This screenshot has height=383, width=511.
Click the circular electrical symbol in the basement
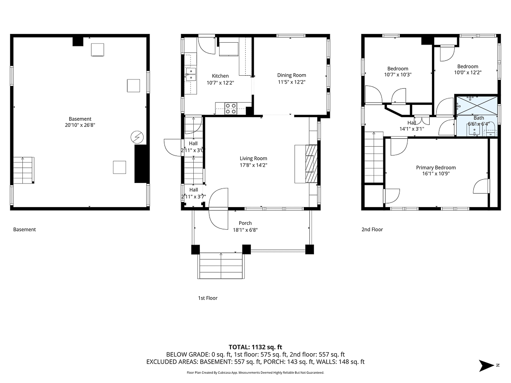tap(137, 137)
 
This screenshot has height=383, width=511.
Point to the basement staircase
tap(23, 170)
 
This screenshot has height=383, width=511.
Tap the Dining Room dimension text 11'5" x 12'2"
tap(291, 82)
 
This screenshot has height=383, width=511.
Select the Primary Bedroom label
tap(435, 168)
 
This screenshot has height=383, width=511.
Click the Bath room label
tap(478, 118)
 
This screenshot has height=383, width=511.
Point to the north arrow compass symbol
tap(488, 366)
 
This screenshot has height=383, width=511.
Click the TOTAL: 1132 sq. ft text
tap(255, 347)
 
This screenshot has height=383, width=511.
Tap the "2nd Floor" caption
tap(372, 229)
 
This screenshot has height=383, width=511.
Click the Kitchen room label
tap(220, 76)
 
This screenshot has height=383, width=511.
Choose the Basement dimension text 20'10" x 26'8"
tap(80, 125)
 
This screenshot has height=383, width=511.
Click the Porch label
tap(245, 223)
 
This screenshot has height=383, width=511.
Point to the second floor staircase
tap(373, 158)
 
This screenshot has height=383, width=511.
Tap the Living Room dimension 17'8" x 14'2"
tap(253, 165)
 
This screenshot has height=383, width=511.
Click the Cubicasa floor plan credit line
tap(255, 372)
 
